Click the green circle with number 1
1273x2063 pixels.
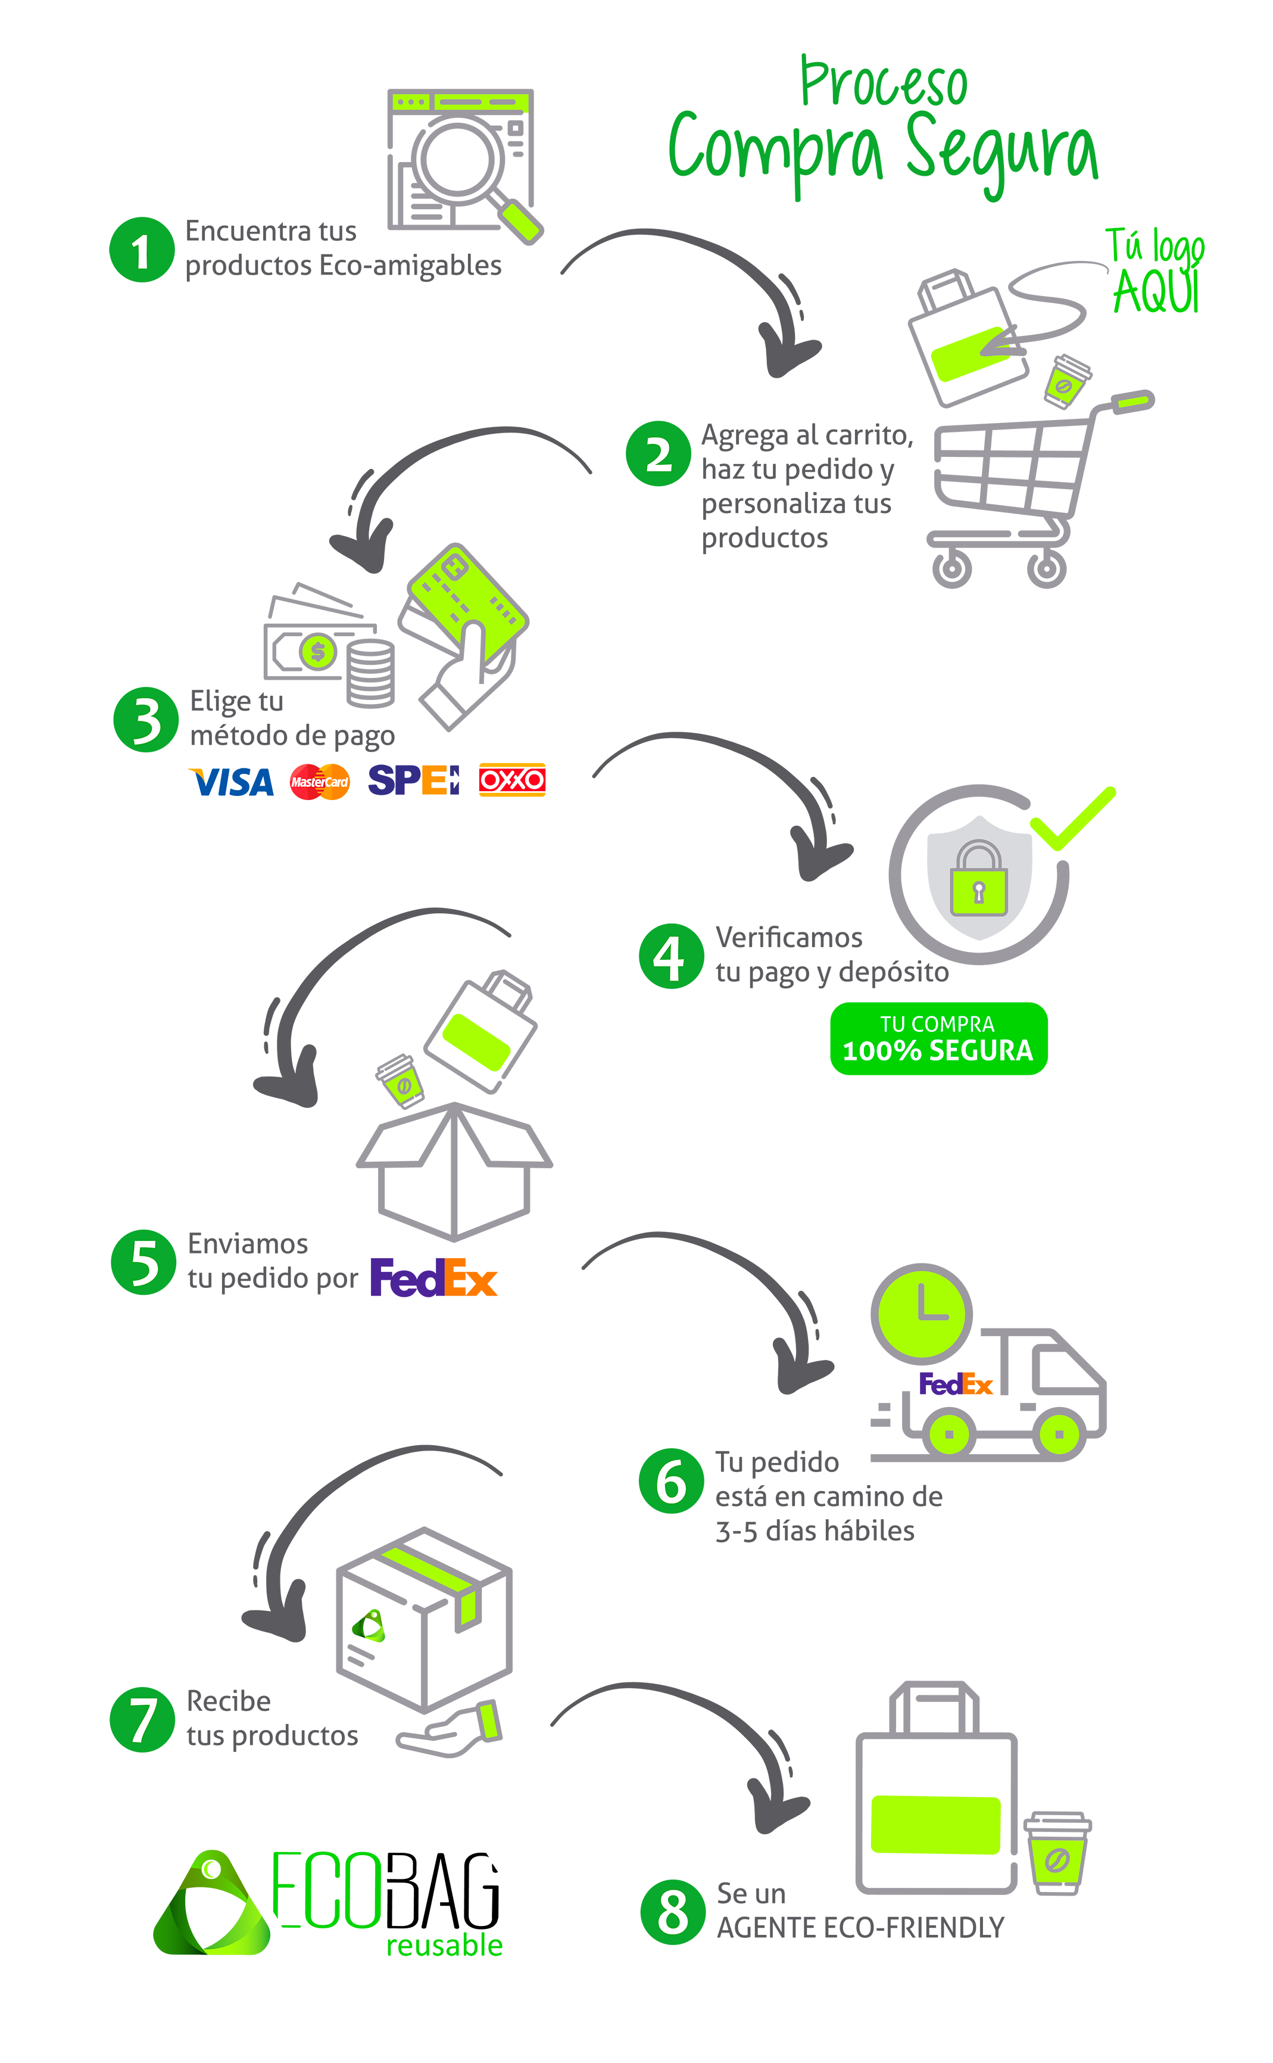142,250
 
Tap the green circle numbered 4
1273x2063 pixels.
671,956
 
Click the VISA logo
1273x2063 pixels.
232,782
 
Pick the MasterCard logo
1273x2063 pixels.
320,782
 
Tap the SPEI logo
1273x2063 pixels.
413,780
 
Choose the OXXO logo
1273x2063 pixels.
512,780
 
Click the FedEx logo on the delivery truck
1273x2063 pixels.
956,1384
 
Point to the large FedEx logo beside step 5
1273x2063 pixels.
433,1277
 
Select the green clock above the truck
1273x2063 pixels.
922,1313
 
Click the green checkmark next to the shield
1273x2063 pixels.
1071,819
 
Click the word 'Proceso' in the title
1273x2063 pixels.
884,83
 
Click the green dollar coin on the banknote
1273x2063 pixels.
317,651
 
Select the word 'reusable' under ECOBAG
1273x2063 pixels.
445,1945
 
